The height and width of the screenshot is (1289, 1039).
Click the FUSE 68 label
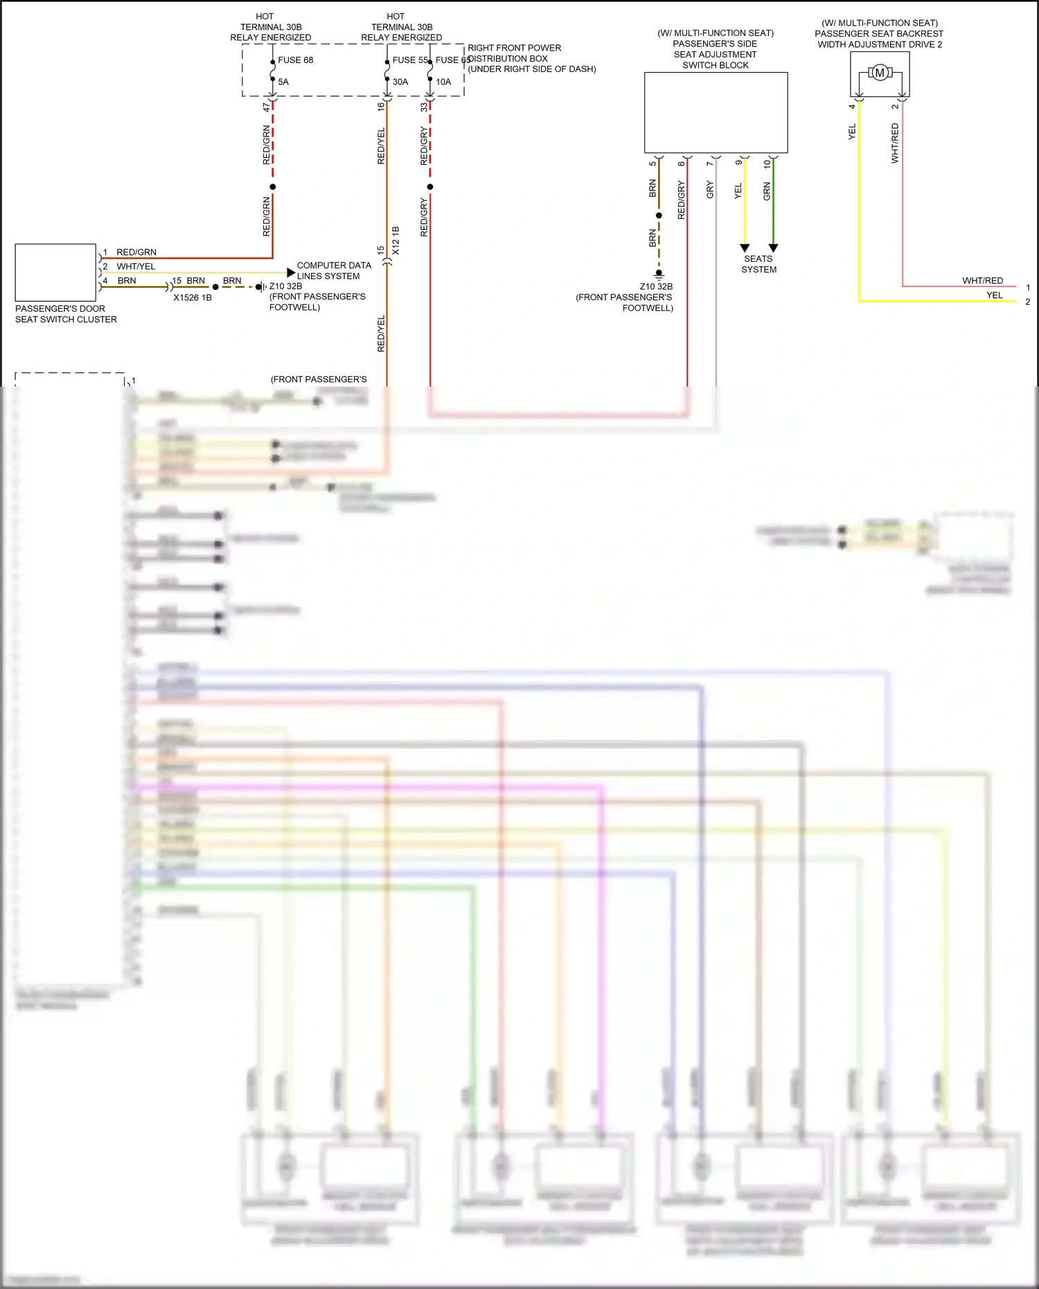coord(295,60)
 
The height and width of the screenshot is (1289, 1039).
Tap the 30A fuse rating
coord(400,82)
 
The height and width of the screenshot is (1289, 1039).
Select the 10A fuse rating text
coord(443,82)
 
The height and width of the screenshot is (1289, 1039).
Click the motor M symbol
coord(880,73)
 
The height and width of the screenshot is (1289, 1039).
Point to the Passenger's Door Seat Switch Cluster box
coord(55,273)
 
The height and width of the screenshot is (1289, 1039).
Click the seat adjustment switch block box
coord(716,112)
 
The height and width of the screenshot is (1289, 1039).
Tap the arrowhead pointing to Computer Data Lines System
coord(291,273)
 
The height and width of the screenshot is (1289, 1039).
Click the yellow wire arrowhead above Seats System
coord(745,248)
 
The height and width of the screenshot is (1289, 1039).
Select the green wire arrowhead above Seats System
coord(774,248)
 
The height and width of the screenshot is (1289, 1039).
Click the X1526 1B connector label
coord(193,298)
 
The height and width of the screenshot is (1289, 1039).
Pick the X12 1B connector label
coord(396,240)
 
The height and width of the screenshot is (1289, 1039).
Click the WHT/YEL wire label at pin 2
coord(136,267)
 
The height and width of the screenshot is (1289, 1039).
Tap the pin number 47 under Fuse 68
coord(267,107)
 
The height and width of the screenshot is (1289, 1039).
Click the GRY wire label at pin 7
coord(710,190)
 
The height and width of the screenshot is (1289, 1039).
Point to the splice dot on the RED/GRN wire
coord(273,187)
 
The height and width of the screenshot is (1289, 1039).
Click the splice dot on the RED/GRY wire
coord(430,187)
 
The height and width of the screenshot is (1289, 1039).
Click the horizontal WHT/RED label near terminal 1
coord(982,281)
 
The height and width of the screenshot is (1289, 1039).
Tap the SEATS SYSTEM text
coord(759,264)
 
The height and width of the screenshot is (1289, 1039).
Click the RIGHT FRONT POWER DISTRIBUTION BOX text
coord(531,58)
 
